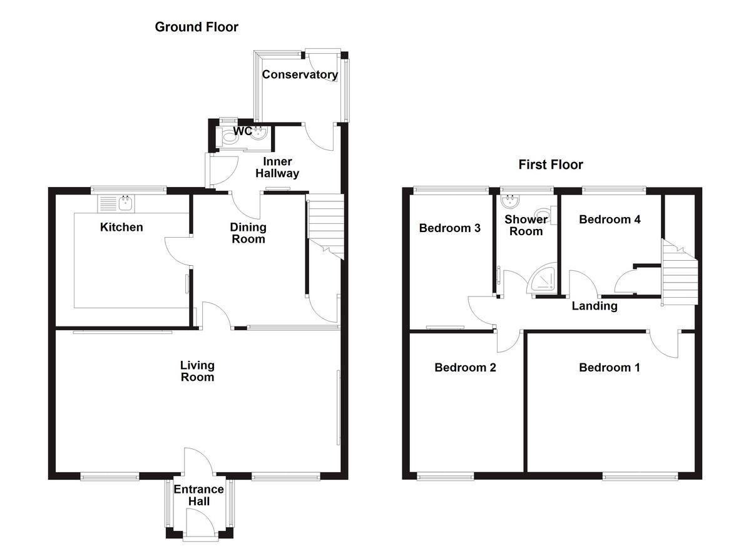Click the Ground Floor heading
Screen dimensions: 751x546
[197, 27]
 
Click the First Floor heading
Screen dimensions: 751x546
[551, 164]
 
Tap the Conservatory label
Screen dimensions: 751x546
[300, 74]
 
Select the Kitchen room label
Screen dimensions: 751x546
[121, 227]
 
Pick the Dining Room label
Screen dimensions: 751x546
[248, 233]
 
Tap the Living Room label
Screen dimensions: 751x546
[197, 371]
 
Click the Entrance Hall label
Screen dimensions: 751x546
[198, 495]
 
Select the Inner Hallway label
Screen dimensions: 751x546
[277, 168]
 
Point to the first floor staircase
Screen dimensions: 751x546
[680, 273]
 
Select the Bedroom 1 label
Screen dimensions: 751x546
[609, 367]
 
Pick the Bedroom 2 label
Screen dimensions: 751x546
[465, 367]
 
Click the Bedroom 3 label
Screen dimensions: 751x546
[449, 228]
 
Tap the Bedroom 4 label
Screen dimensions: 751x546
[610, 219]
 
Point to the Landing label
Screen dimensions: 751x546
[595, 306]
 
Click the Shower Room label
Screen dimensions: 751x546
[526, 225]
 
